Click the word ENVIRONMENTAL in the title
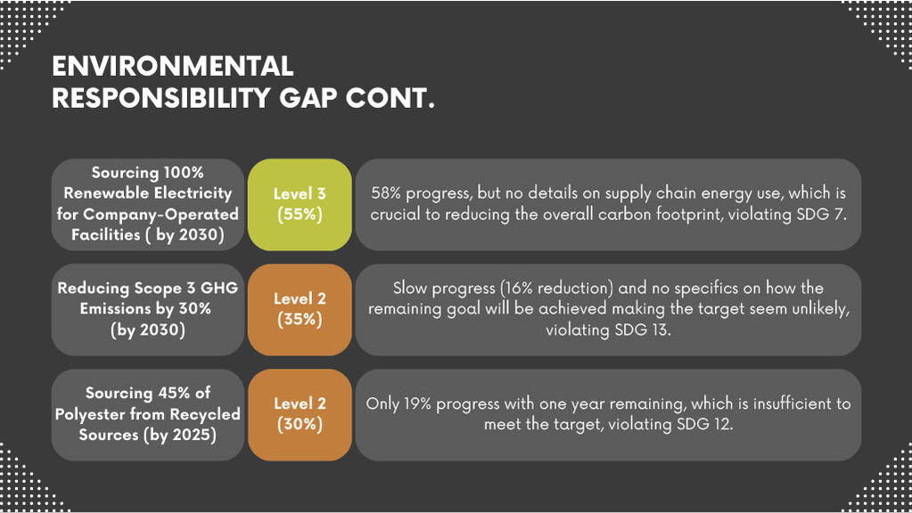click(173, 66)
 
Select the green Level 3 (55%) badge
click(300, 205)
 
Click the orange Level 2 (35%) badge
click(300, 310)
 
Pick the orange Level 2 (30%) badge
click(300, 415)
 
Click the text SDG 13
click(642, 330)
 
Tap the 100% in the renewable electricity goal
click(184, 173)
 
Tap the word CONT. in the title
click(390, 98)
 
